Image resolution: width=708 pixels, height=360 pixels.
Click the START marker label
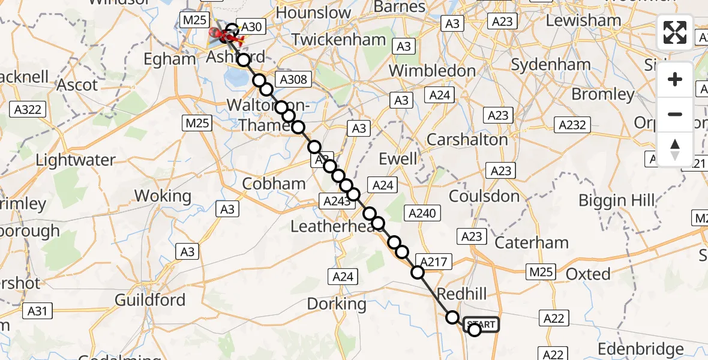pos(481,325)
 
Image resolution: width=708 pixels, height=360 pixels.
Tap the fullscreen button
pos(675,32)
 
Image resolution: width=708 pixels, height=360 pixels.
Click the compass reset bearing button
pos(675,149)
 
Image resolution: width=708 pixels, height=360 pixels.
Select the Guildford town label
pos(150,299)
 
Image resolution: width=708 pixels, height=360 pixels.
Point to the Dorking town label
pos(337,304)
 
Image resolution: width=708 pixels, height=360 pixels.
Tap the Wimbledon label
pos(432,71)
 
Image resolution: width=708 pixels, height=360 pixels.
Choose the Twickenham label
pos(338,40)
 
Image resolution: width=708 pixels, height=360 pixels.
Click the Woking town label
pos(163,196)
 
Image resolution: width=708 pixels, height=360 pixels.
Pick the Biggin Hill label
pos(617,200)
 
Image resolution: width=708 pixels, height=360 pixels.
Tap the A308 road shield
pos(292,79)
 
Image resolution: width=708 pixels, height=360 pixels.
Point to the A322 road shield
pos(28,109)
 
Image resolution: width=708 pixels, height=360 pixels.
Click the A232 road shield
pos(572,125)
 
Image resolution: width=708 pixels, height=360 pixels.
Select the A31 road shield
pos(37,310)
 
